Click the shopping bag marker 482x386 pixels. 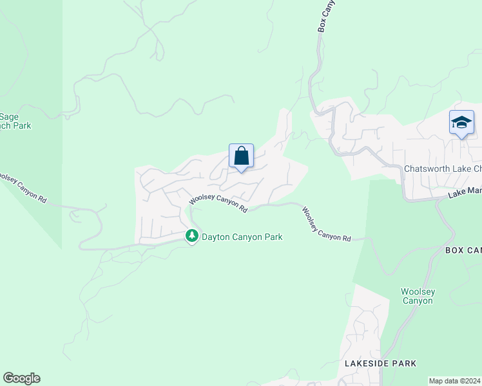click(241, 156)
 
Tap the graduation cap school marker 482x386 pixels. click(461, 122)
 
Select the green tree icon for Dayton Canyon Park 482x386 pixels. click(191, 237)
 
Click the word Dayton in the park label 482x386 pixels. click(217, 237)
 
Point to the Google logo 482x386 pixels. click(21, 378)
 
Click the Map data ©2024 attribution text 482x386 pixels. click(454, 380)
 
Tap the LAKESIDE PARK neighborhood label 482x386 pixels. click(380, 363)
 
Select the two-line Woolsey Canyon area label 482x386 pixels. click(418, 296)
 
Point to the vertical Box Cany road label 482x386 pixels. click(326, 16)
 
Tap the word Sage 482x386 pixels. click(9, 116)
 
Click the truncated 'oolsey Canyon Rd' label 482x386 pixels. click(23, 188)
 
